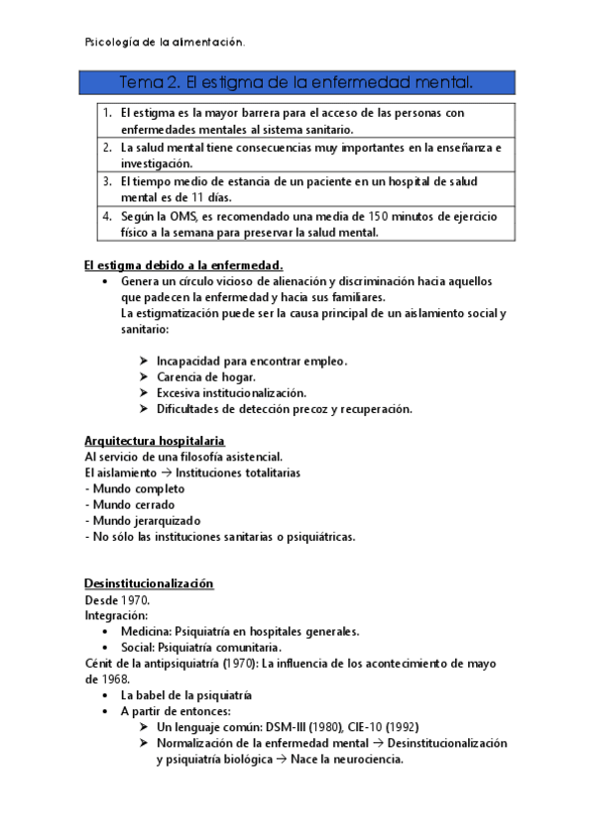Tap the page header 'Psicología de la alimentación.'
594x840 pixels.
[166, 42]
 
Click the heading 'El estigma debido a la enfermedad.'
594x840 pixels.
[183, 264]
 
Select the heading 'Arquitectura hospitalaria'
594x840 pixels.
[154, 440]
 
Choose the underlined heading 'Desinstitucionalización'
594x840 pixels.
[149, 584]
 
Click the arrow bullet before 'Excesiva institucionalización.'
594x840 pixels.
[145, 393]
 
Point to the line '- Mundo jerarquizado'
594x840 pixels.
[144, 520]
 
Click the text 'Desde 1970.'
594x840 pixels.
[118, 600]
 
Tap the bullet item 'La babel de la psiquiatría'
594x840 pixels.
[186, 695]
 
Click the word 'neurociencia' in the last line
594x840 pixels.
[362, 760]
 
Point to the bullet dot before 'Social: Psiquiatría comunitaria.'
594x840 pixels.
[106, 648]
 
